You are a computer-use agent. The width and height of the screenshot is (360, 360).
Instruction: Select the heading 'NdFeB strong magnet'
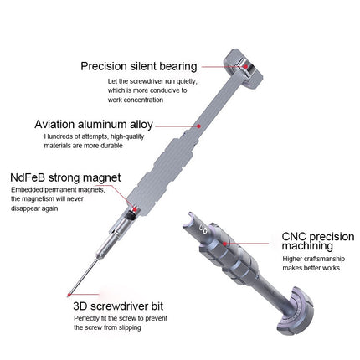pos(65,178)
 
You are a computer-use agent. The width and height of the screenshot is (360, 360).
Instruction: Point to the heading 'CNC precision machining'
pos(308,244)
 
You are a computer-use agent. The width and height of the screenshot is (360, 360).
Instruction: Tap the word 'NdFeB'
pos(29,178)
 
